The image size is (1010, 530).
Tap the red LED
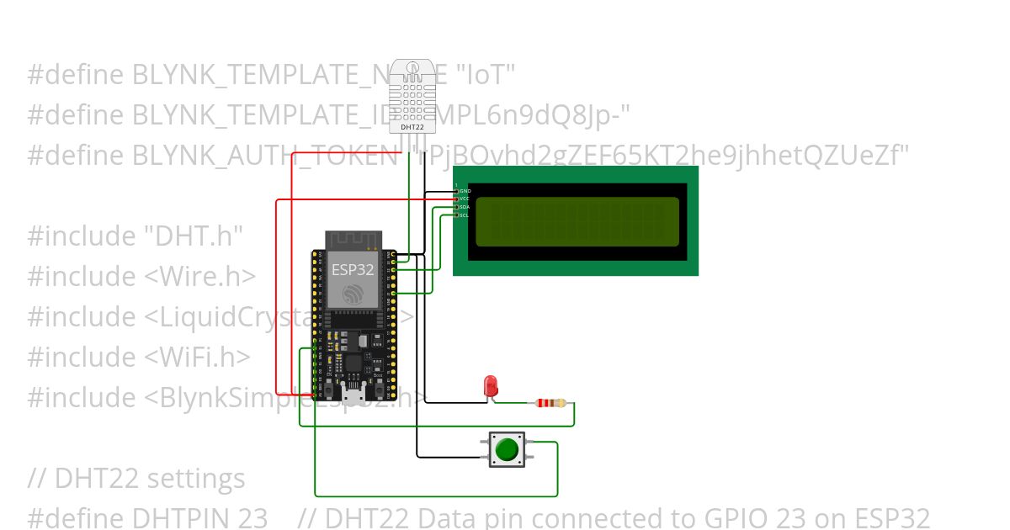(x=491, y=386)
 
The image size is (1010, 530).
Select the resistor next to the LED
(x=550, y=403)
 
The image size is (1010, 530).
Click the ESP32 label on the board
(x=351, y=269)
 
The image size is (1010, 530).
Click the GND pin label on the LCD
(x=465, y=191)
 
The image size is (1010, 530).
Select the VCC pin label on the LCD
(x=465, y=199)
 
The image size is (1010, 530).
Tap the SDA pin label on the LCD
(x=465, y=207)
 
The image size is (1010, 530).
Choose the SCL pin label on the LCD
(x=465, y=215)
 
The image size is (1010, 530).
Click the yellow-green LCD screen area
(x=577, y=221)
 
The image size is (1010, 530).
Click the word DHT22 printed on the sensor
(x=412, y=127)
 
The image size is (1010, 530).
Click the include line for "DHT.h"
(x=135, y=236)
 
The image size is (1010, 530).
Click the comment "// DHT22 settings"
(x=136, y=479)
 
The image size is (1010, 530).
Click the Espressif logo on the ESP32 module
(x=351, y=294)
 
